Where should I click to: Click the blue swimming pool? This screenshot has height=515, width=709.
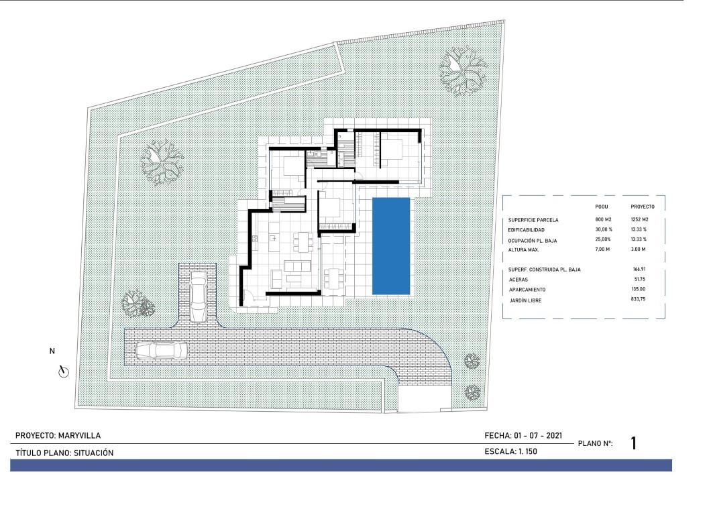click(392, 245)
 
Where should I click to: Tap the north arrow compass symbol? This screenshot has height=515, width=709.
click(64, 371)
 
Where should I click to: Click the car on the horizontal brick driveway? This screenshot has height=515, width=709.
click(161, 350)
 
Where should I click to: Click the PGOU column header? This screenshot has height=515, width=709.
click(602, 207)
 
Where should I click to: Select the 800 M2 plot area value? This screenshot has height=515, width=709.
click(604, 219)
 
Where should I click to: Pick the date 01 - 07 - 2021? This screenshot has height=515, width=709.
click(537, 436)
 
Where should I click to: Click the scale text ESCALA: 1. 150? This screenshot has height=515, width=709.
click(510, 452)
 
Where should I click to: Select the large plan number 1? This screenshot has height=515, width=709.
click(633, 443)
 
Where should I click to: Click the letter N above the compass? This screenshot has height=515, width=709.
click(52, 351)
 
